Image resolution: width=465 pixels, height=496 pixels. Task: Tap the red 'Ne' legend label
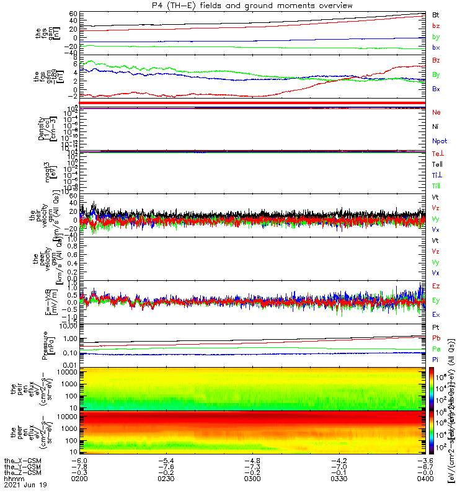click(x=436, y=113)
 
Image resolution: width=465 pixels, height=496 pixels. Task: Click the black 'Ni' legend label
click(x=436, y=127)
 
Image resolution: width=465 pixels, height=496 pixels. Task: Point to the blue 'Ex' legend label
click(x=436, y=315)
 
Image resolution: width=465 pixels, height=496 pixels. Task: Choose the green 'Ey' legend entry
click(x=436, y=301)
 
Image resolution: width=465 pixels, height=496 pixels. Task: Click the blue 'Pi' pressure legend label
click(x=436, y=360)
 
